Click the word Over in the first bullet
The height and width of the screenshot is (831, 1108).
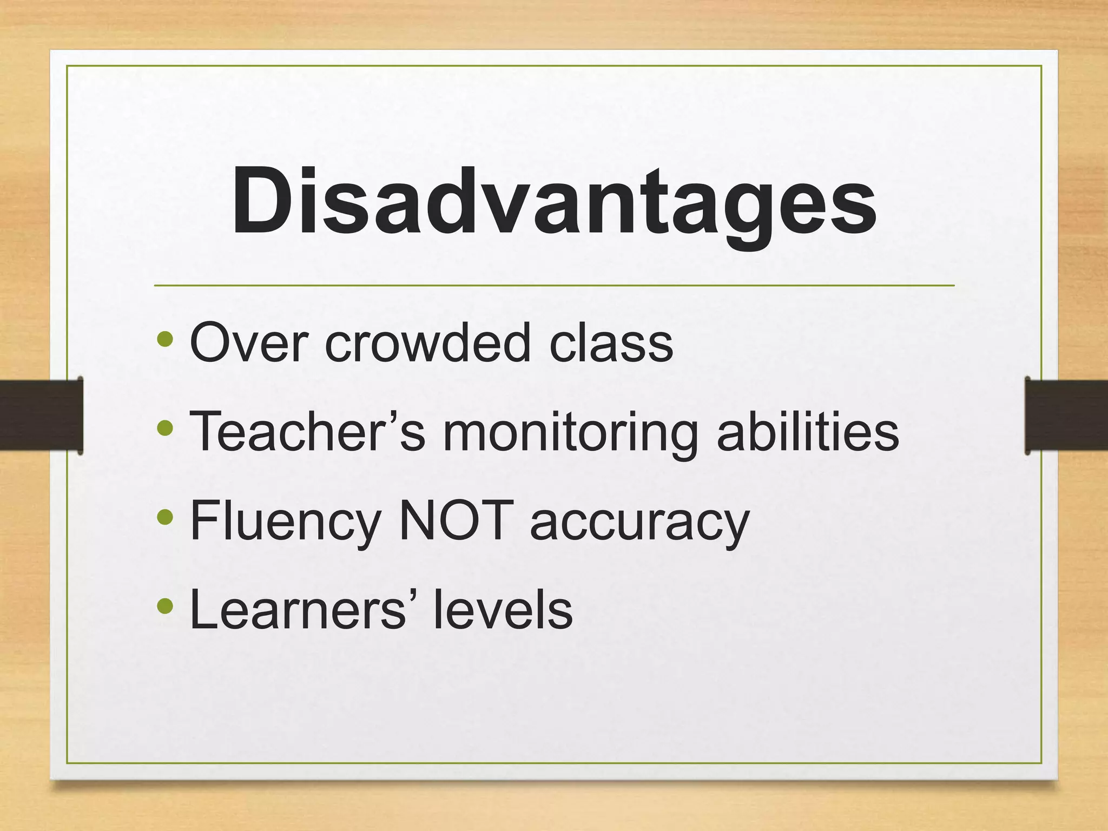pyautogui.click(x=249, y=342)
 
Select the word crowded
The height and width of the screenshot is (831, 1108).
pyautogui.click(x=427, y=342)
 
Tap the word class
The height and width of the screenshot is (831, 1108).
pyautogui.click(x=611, y=342)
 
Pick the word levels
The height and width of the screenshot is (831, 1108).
pyautogui.click(x=503, y=610)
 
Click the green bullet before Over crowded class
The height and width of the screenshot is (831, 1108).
pyautogui.click(x=165, y=340)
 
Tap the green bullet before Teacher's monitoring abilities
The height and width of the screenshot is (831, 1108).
pyautogui.click(x=165, y=429)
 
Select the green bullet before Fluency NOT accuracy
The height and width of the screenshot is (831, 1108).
pyautogui.click(x=165, y=518)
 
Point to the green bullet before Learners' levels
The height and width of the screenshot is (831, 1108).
pyautogui.click(x=165, y=607)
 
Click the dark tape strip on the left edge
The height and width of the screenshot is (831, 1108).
pyautogui.click(x=41, y=415)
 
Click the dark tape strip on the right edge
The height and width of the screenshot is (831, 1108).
pyautogui.click(x=1066, y=415)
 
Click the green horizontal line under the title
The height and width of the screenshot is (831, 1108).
pyautogui.click(x=554, y=285)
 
